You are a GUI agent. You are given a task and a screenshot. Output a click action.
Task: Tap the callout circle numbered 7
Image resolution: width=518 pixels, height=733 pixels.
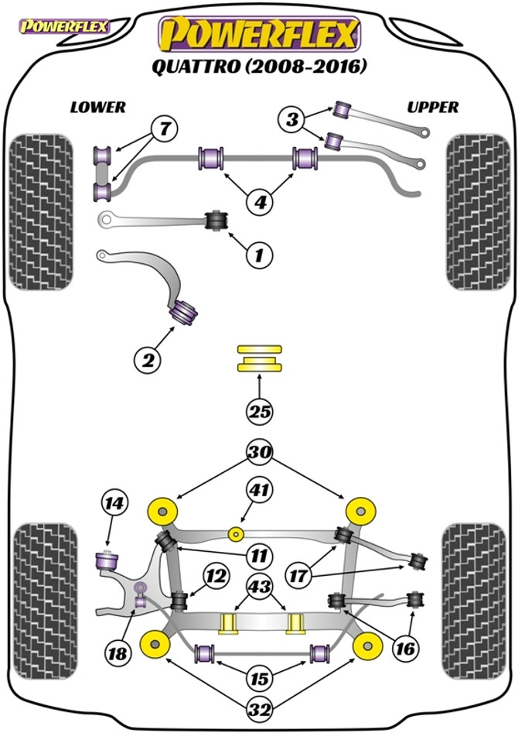pos(165,128)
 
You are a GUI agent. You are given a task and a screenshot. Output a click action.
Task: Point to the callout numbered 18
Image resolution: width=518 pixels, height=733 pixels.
pos(118,653)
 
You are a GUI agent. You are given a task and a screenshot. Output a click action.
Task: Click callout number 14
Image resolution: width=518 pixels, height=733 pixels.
pos(114,503)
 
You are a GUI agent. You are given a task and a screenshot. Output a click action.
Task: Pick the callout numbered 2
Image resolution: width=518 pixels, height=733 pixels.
pos(148,360)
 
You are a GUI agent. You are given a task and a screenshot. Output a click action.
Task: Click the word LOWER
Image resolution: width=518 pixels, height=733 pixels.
pos(98,108)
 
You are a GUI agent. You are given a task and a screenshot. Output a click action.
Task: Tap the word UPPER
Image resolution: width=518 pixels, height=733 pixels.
pos(432,108)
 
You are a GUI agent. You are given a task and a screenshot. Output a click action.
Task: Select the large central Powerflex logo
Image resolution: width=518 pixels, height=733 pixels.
pos(259,33)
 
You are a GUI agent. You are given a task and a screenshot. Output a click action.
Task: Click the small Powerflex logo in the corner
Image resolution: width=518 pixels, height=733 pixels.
pos(63,26)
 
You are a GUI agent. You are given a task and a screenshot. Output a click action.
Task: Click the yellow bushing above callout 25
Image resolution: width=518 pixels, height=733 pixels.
pos(260,358)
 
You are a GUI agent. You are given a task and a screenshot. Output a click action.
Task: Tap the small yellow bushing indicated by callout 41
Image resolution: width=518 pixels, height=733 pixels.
pos(237,533)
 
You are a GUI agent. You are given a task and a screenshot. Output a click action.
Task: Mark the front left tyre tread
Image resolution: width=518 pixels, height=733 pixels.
pos(41,212)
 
